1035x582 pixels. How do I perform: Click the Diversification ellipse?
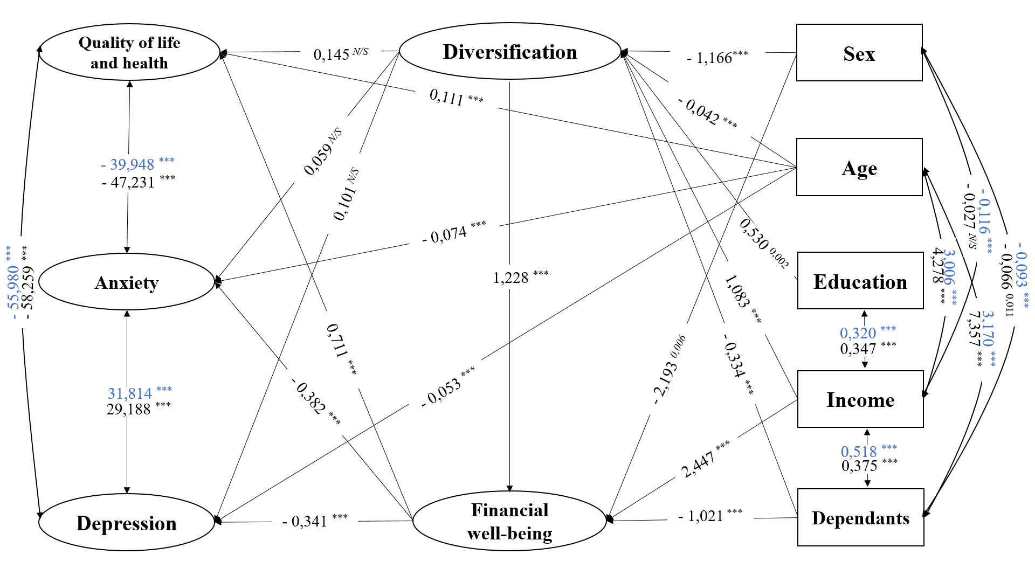pos(510,51)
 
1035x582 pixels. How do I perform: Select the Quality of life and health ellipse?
pos(129,52)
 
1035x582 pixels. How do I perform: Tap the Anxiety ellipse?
pos(127,282)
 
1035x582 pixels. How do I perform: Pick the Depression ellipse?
pos(127,522)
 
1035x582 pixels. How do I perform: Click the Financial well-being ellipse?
pos(510,521)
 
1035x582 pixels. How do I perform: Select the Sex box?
pos(859,53)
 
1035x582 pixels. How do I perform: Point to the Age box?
pos(859,167)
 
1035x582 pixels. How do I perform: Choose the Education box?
pos(860,281)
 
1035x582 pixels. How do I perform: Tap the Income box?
pos(860,399)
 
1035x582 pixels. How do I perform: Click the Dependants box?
pos(861,517)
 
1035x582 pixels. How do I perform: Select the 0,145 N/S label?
pos(341,53)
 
